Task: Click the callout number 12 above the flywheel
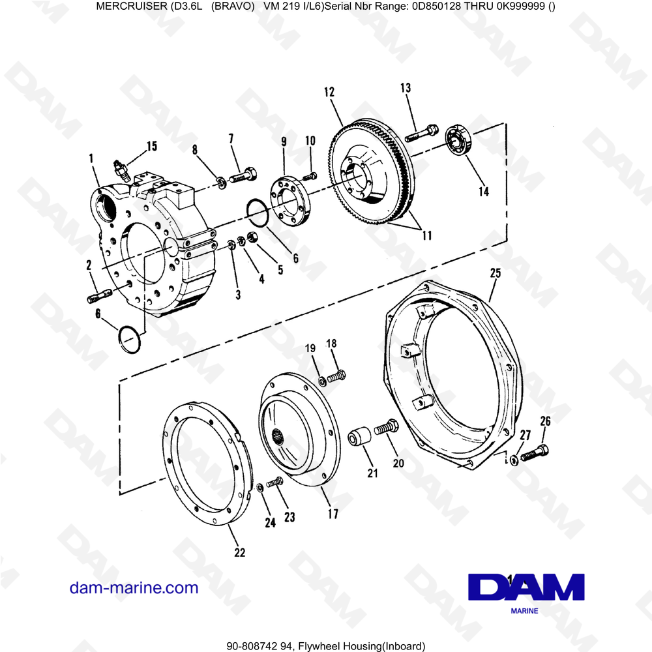(x=328, y=93)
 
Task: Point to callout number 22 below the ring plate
(x=239, y=552)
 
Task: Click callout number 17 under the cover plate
(x=333, y=514)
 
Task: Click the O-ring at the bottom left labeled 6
(x=130, y=338)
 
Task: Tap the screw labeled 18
(x=335, y=376)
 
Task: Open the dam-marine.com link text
(x=134, y=587)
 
